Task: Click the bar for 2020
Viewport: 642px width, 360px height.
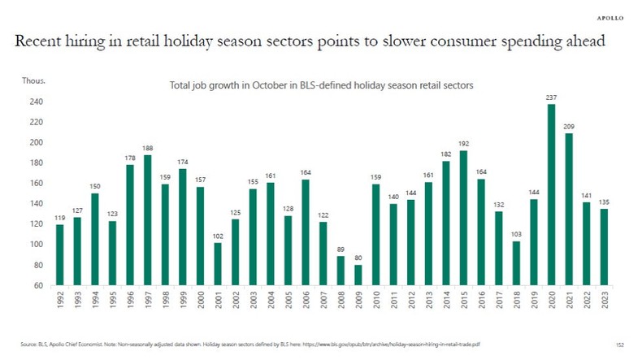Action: pos(551,195)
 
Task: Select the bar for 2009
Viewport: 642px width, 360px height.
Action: pos(358,275)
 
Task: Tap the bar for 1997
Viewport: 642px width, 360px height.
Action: pos(147,220)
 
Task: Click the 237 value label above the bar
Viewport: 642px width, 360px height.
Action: pos(551,98)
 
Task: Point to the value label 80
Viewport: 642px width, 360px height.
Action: pos(358,258)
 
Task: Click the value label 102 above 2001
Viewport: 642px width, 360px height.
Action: pos(218,236)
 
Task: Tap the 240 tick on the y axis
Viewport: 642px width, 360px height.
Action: pos(37,102)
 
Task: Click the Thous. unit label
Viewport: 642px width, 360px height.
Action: pos(33,81)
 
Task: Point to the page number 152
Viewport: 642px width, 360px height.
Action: pos(620,345)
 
